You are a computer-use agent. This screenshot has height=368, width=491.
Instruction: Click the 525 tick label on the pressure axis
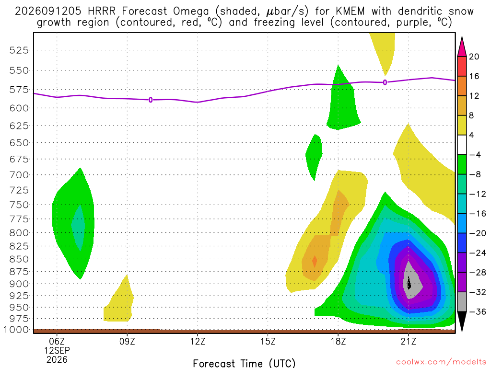pyautogui.click(x=19, y=50)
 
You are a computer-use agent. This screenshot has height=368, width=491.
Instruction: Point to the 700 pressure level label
pyautogui.click(x=19, y=175)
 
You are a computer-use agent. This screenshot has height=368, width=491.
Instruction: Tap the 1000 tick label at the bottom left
pyautogui.click(x=16, y=330)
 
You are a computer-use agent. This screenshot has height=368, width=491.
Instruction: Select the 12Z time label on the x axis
pyautogui.click(x=198, y=341)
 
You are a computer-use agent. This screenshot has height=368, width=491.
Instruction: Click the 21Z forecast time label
pyautogui.click(x=409, y=341)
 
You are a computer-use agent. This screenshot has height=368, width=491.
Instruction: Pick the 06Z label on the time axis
pyautogui.click(x=57, y=341)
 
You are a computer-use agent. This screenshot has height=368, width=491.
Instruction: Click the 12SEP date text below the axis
pyautogui.click(x=57, y=350)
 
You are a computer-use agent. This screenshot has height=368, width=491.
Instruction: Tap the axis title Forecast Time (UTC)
pyautogui.click(x=244, y=363)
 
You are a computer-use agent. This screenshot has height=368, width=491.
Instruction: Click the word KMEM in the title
pyautogui.click(x=351, y=11)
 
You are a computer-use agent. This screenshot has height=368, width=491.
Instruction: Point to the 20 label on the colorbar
pyautogui.click(x=474, y=57)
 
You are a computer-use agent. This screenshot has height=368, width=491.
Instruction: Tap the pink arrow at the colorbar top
pyautogui.click(x=462, y=47)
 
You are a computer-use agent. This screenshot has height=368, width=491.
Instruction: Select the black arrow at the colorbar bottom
pyautogui.click(x=462, y=321)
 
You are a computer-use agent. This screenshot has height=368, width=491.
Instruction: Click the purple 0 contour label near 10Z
pyautogui.click(x=151, y=100)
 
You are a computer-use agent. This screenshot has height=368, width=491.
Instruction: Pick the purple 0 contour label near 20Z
pyautogui.click(x=385, y=82)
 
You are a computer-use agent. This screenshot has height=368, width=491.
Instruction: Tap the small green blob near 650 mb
pyautogui.click(x=314, y=157)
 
